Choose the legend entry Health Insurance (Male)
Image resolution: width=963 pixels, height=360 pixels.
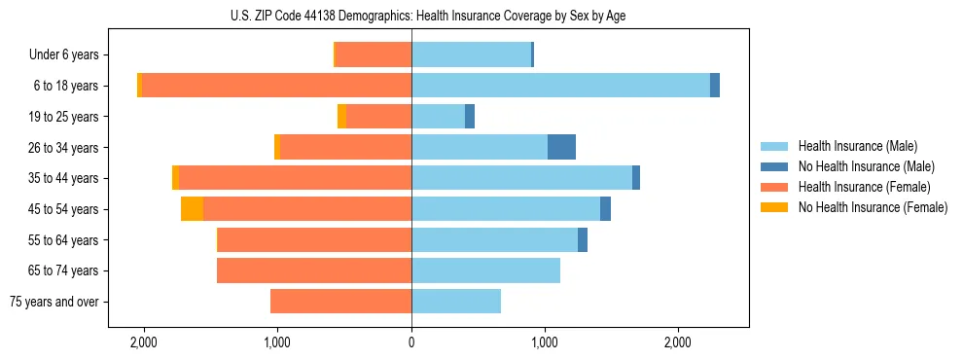pyautogui.click(x=857, y=147)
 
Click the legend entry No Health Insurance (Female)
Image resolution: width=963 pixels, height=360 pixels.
pyautogui.click(x=873, y=207)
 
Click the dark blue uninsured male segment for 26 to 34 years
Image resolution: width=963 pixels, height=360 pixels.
pyautogui.click(x=561, y=147)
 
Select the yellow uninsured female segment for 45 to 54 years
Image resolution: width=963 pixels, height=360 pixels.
pyautogui.click(x=192, y=209)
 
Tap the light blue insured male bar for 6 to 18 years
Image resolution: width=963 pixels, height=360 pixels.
pyautogui.click(x=560, y=86)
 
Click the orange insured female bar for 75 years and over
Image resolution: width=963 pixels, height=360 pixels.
pyautogui.click(x=340, y=302)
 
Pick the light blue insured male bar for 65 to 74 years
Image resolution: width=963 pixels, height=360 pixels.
pyautogui.click(x=485, y=270)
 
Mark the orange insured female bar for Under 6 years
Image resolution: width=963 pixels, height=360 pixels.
pyautogui.click(x=471, y=54)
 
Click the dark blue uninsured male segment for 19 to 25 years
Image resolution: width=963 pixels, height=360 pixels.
pyautogui.click(x=470, y=117)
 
